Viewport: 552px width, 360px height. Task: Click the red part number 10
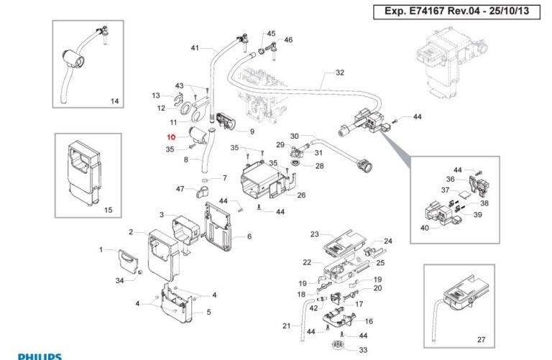tap(170, 137)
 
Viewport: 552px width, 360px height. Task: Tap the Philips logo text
tap(40, 356)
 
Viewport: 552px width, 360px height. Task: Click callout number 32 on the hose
tap(340, 73)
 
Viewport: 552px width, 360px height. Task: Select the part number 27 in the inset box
tap(481, 339)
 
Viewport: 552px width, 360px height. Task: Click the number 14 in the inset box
tap(114, 101)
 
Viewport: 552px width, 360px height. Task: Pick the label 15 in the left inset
tap(109, 210)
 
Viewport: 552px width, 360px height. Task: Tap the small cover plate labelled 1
tap(126, 258)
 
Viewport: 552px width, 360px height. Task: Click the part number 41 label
tap(194, 48)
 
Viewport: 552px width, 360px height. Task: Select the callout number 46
tap(288, 40)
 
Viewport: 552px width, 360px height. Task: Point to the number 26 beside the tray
tap(301, 195)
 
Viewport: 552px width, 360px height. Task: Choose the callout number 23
tap(314, 234)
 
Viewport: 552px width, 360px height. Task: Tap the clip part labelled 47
tap(201, 192)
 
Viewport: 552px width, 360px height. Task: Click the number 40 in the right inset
tap(424, 228)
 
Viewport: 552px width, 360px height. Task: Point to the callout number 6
tap(249, 236)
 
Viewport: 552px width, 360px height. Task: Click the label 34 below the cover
tap(120, 280)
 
